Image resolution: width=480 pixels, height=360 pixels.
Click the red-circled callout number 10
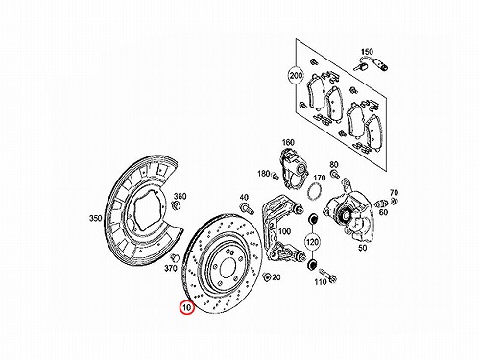pyautogui.click(x=187, y=308)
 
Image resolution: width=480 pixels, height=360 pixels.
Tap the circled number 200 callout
pyautogui.click(x=296, y=76)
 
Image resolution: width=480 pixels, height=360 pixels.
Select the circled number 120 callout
pyautogui.click(x=312, y=241)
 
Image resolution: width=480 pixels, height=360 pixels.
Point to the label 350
pyautogui.click(x=95, y=219)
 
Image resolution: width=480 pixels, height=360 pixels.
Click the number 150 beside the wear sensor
pyautogui.click(x=367, y=52)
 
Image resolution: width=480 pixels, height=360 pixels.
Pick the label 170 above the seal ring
pyautogui.click(x=319, y=178)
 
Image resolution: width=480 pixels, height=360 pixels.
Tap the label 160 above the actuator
pyautogui.click(x=288, y=142)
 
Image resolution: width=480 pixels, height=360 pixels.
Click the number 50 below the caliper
pyautogui.click(x=362, y=248)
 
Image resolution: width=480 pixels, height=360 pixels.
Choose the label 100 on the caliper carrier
pyautogui.click(x=284, y=231)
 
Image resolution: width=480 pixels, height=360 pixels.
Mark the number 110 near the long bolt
pyautogui.click(x=321, y=282)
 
